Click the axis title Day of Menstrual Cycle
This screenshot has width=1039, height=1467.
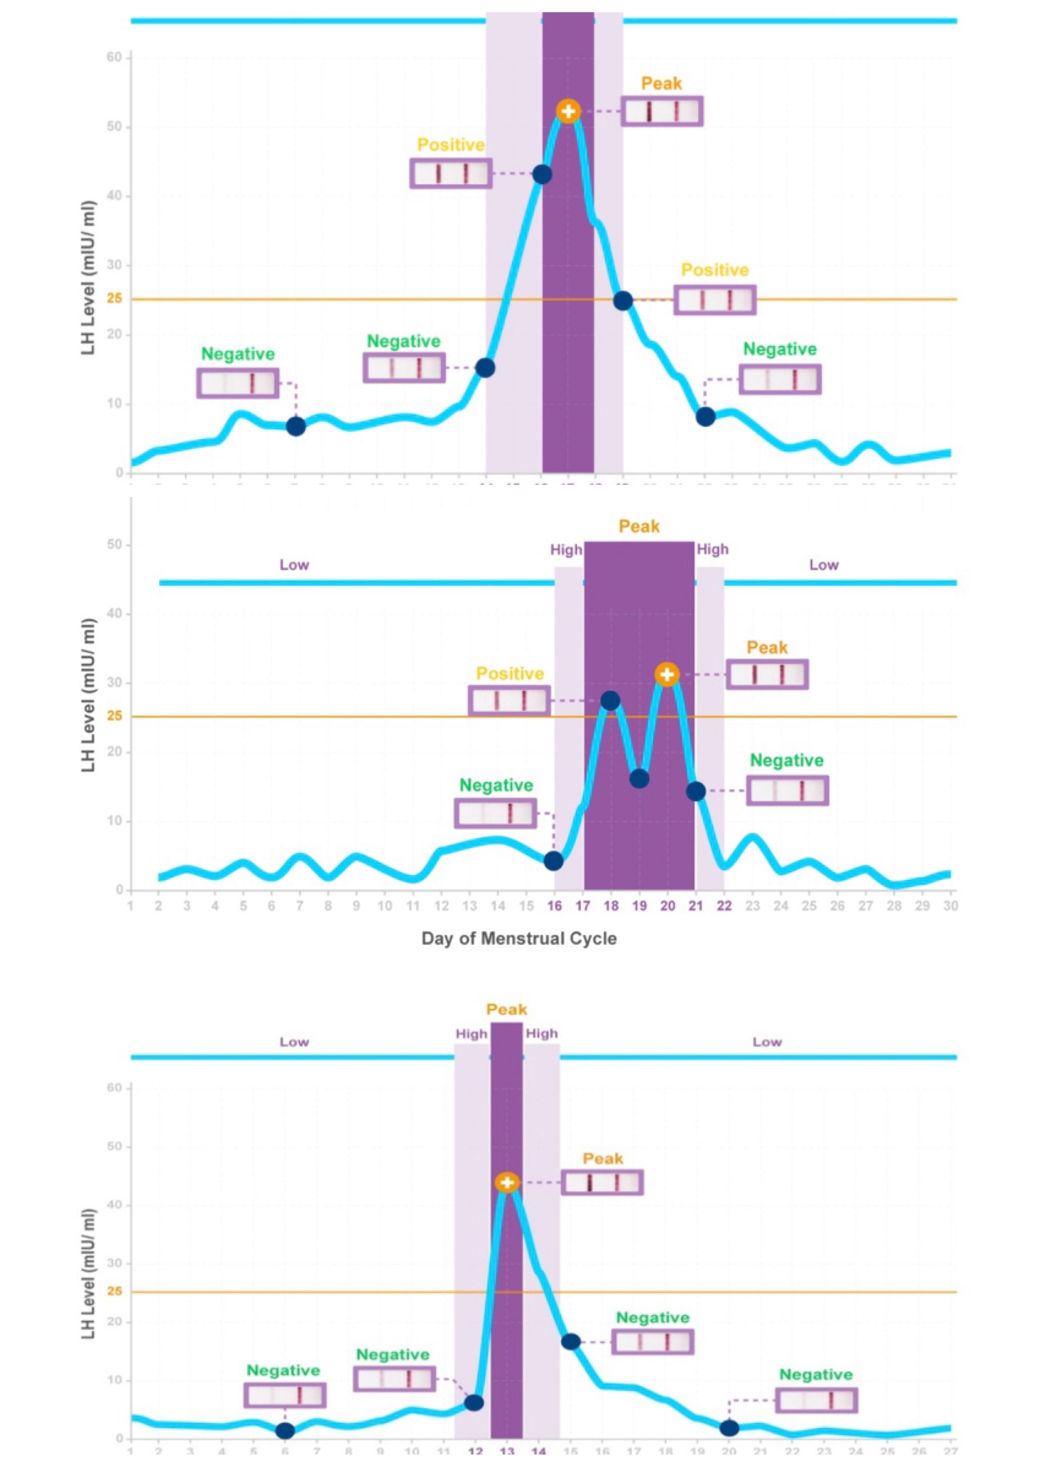pos(519,938)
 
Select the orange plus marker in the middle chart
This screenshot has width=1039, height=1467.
pos(667,674)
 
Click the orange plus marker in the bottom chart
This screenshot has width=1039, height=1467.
pos(507,1182)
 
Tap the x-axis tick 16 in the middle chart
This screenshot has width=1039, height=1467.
pos(554,906)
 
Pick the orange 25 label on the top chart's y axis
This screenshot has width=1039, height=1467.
pos(115,299)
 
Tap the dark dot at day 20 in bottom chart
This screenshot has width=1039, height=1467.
pos(729,1428)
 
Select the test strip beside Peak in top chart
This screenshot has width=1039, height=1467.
pos(661,111)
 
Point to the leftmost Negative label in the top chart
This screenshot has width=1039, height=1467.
pos(238,354)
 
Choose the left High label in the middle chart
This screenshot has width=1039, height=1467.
pos(566,550)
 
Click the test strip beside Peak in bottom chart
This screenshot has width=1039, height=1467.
pos(602,1182)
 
